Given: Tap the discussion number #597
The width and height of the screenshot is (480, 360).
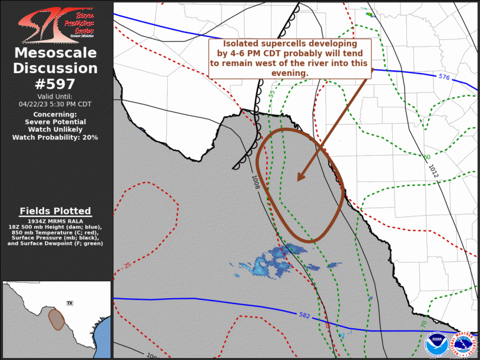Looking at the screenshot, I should [56, 84].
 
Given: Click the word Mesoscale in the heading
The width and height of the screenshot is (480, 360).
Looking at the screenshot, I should [55, 53].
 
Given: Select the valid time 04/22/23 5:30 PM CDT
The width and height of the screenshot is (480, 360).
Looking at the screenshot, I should [55, 104].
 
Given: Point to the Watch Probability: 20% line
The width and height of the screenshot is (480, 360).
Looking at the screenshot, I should [55, 137].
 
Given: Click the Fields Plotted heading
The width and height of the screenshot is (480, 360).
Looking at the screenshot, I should [55, 211].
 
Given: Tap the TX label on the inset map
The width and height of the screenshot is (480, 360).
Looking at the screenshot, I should [69, 303].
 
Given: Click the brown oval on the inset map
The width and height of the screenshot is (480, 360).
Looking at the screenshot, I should [56, 319].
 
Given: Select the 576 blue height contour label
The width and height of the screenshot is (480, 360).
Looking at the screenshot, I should [445, 77].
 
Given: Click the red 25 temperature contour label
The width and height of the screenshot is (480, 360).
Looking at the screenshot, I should [128, 265].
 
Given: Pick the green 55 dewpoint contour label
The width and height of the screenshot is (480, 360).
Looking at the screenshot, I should [272, 94].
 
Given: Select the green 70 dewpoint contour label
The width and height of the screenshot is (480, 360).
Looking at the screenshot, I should [423, 325].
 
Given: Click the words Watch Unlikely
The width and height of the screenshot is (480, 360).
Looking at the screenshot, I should [55, 129].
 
